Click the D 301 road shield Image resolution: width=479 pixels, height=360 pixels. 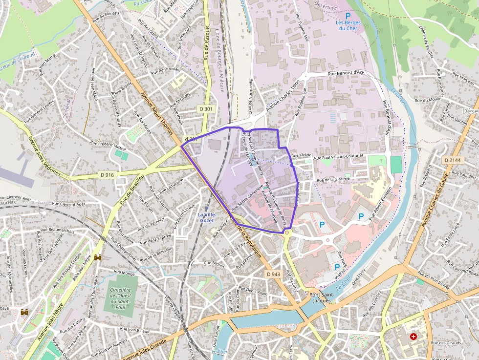(206, 108)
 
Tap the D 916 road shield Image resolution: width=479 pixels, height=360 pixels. (108, 174)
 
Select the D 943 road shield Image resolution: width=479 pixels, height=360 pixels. (274, 274)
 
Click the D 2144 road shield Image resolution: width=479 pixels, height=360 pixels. (452, 160)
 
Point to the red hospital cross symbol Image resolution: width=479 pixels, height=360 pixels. (414, 337)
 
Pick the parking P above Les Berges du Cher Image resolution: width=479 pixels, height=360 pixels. (348, 16)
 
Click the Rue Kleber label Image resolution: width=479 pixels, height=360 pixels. (301, 155)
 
